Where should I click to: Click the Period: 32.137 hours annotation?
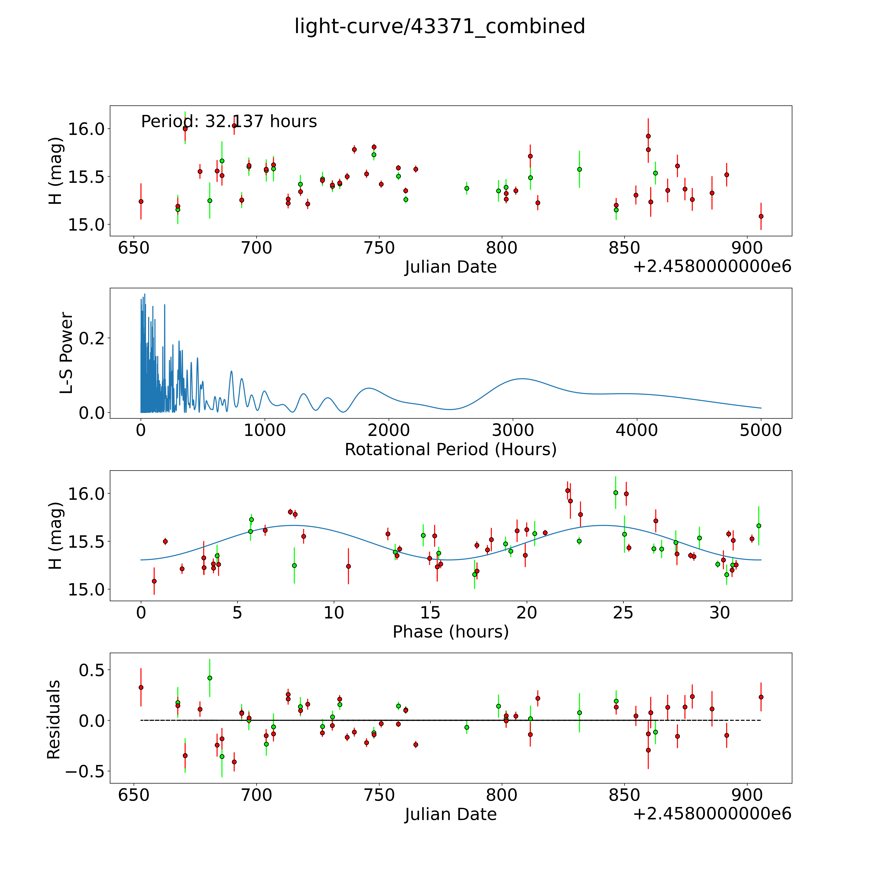coord(229,122)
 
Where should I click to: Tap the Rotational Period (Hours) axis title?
coord(450,450)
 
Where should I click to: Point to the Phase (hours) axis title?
coord(450,632)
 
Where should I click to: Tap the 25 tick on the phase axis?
coord(623,613)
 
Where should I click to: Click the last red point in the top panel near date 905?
coord(761,216)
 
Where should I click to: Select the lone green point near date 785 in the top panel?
coord(466,188)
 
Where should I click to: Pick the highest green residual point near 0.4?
coord(210,678)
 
